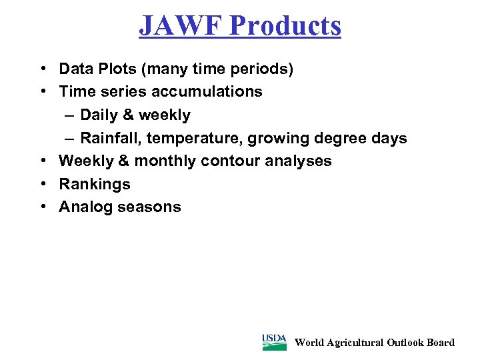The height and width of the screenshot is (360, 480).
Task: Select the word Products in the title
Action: point(286,25)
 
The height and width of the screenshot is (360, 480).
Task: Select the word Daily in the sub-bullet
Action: point(99,115)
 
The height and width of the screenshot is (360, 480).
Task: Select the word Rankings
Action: point(95,184)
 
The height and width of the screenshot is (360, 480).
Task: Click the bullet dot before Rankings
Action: point(42,184)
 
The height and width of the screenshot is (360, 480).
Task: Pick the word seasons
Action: point(149,207)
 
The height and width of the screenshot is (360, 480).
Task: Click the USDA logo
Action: point(274,342)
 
